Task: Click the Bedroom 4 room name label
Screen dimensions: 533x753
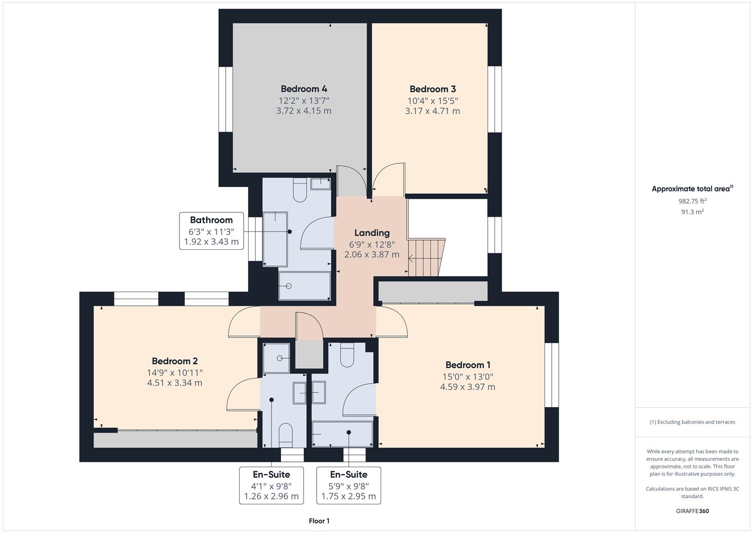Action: pos(304,89)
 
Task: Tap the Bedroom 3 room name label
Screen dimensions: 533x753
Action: pos(432,89)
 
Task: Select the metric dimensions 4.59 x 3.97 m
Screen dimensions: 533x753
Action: pos(467,387)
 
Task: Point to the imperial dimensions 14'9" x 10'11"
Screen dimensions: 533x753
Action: pos(175,373)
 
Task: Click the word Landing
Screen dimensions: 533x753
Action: pos(372,233)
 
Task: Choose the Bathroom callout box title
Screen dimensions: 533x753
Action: pos(211,220)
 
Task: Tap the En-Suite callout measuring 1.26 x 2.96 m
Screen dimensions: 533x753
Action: pos(271,485)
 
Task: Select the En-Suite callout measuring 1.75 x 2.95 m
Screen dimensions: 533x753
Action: pos(349,485)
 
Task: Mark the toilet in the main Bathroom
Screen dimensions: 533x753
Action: pos(300,190)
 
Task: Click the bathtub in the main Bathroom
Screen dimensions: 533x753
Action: pos(275,239)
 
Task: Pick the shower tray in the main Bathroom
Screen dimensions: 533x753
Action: pos(304,286)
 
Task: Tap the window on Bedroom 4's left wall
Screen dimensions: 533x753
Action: pos(225,99)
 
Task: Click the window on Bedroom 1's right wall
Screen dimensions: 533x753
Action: pos(552,375)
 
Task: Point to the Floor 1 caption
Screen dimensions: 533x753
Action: pos(319,521)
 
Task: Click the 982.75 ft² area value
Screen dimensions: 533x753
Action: pos(692,201)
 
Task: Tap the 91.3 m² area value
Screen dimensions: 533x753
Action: pos(692,212)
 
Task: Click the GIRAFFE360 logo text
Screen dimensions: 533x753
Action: pos(692,511)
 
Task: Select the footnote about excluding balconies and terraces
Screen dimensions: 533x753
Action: pos(692,422)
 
